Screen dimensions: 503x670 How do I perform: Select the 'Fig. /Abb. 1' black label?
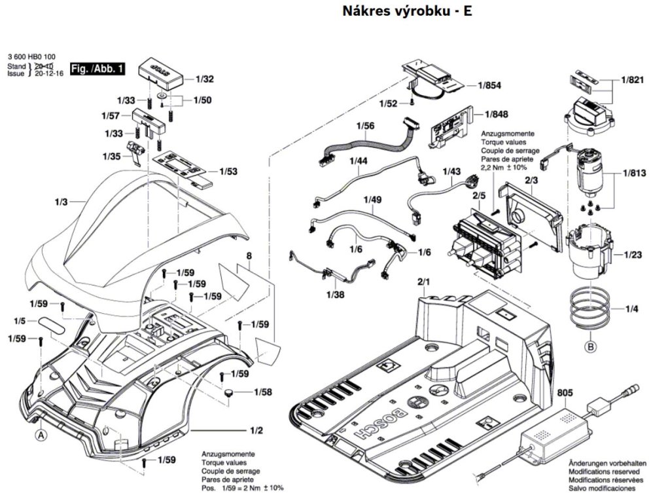point(97,69)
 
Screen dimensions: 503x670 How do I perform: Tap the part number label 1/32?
point(205,79)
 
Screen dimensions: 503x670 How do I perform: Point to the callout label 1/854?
point(489,85)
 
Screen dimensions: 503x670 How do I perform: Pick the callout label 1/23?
point(632,254)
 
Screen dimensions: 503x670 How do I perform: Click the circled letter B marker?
point(590,347)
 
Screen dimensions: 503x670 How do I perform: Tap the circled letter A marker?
point(41,434)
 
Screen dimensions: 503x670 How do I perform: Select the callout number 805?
point(565,393)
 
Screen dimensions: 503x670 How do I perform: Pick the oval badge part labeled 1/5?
point(52,324)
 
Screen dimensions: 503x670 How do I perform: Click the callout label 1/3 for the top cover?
point(61,202)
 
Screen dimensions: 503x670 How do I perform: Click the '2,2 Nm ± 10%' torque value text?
point(504,168)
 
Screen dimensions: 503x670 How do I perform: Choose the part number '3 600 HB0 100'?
point(31,57)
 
